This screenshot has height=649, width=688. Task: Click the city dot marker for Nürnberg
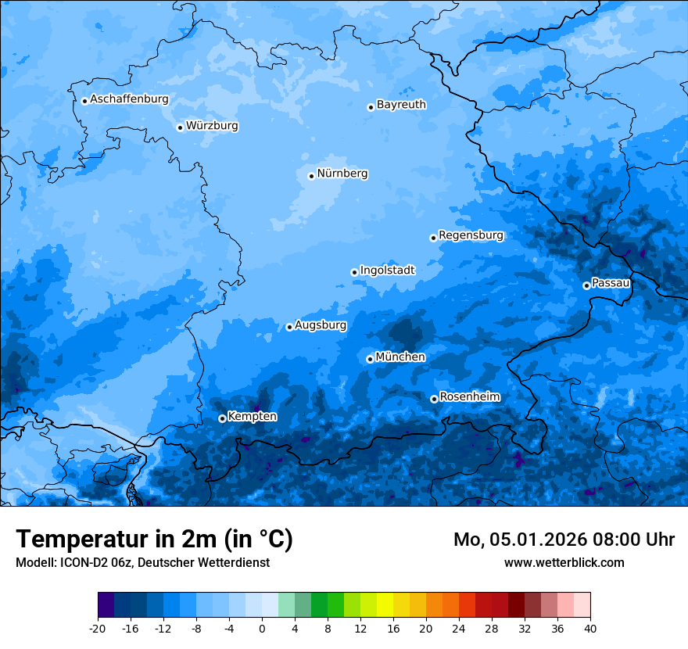(311, 176)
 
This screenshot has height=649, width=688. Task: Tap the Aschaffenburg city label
(129, 99)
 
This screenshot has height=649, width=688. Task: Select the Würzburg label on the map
(212, 126)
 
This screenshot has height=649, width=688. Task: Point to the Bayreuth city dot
(371, 107)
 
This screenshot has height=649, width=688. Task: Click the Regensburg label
(471, 235)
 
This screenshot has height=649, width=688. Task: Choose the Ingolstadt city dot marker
(354, 272)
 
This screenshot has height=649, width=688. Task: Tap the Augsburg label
(321, 325)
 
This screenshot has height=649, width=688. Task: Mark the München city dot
(370, 359)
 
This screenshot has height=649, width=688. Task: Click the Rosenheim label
(469, 397)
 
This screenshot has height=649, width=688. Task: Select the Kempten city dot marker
(222, 418)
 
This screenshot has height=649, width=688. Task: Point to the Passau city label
(611, 283)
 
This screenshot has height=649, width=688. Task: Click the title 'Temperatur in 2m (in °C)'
(154, 540)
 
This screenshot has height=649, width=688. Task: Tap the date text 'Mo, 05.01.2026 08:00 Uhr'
(564, 540)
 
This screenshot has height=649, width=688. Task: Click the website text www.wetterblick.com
(564, 562)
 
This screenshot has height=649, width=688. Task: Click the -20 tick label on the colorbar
(98, 628)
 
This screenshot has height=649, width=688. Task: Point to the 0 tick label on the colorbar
(262, 628)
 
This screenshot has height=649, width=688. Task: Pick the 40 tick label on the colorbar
(590, 628)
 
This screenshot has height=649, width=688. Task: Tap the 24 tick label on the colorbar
(459, 628)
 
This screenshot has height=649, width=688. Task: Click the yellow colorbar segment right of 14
(385, 605)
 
